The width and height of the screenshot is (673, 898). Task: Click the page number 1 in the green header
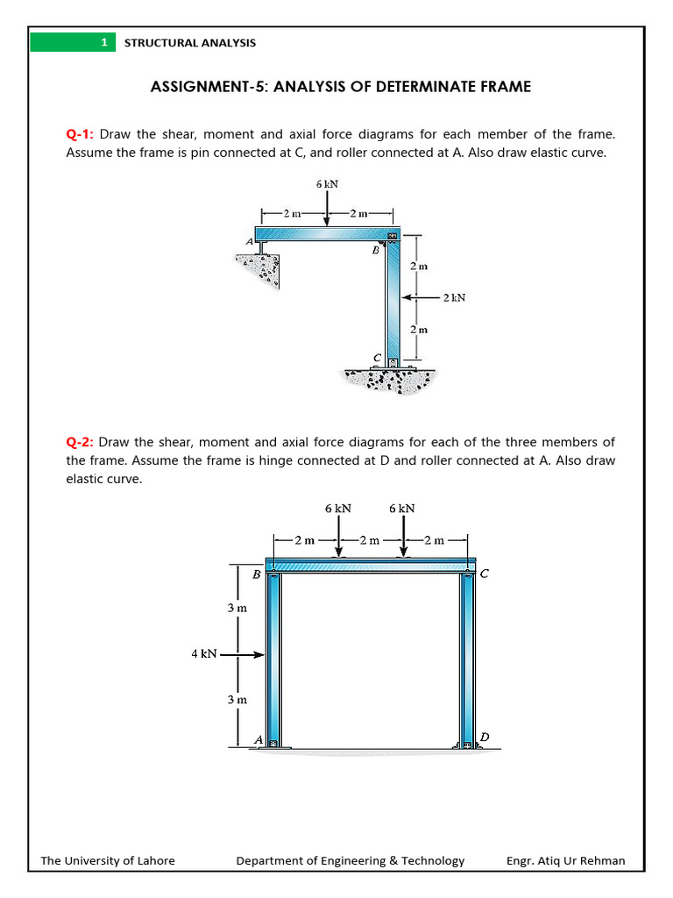[x=103, y=42]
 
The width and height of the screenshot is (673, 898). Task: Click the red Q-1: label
[x=81, y=134]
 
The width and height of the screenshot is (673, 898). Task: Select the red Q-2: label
[x=81, y=442]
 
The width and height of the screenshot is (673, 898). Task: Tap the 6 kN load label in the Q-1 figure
[x=327, y=184]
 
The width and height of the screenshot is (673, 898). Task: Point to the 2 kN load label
[x=454, y=297]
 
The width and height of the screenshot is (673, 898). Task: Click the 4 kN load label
[x=204, y=653]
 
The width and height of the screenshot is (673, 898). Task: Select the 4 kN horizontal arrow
[x=243, y=653]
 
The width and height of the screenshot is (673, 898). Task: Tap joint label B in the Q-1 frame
[x=375, y=250]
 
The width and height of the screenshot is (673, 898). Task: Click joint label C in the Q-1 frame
[x=378, y=358]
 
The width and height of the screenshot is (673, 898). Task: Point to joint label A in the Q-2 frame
[x=258, y=740]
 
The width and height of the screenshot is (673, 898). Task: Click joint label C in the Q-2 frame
[x=485, y=575]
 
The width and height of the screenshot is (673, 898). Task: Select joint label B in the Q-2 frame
[x=256, y=575]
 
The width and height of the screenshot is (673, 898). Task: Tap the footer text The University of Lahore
[x=108, y=860]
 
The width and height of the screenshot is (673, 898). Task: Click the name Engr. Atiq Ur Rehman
[x=565, y=860]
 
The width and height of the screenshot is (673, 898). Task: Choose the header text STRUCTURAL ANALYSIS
[x=190, y=42]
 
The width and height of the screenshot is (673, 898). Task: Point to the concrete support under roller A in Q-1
[x=260, y=267]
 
